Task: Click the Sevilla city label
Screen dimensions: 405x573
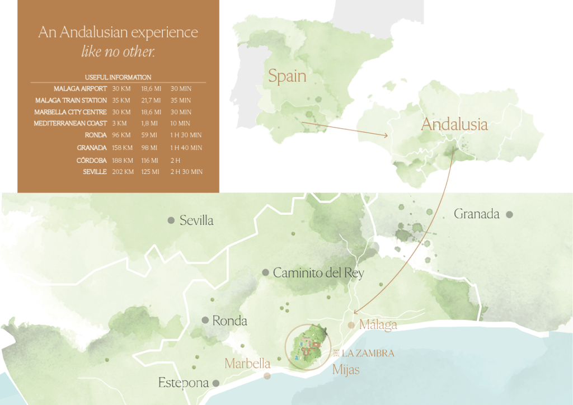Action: [196, 220]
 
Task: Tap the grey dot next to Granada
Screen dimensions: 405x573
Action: [509, 214]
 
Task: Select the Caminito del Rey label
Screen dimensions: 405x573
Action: [318, 273]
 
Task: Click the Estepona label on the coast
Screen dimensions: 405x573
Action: [184, 383]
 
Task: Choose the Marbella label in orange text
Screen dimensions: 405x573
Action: [247, 364]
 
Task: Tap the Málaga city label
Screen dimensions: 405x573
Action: [378, 324]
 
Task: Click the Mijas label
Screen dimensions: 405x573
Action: [346, 370]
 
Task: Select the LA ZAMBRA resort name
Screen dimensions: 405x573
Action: [368, 354]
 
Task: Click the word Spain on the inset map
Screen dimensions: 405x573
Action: [287, 76]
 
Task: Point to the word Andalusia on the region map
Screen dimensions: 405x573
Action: [454, 124]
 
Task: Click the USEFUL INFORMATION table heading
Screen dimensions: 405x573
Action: [118, 77]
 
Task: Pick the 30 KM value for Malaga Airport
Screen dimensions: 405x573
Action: [121, 89]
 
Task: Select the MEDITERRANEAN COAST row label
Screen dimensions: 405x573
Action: [71, 123]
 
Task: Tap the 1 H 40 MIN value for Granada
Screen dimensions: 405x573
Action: [186, 148]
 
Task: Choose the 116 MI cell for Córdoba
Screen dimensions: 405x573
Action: [150, 160]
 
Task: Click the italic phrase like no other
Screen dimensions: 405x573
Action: [118, 52]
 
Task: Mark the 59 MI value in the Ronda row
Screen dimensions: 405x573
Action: [148, 135]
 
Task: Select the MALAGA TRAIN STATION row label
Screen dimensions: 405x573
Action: [71, 101]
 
